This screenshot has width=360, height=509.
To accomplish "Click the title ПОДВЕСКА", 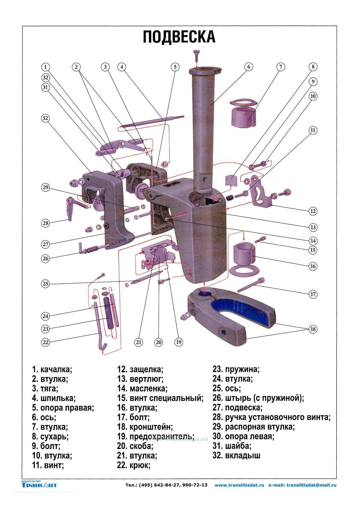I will (179, 37).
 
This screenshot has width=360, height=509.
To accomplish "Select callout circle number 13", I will (313, 227).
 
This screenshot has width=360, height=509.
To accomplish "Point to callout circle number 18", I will (313, 329).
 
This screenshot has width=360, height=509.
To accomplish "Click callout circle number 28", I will (45, 223).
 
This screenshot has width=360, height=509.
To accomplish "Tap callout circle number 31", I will (45, 87).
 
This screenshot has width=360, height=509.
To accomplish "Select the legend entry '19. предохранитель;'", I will (156, 436).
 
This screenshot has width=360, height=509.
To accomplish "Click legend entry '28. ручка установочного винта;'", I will (271, 417).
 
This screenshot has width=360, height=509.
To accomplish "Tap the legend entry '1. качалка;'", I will (52, 369).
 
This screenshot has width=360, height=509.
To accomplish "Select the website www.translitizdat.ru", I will (239, 485).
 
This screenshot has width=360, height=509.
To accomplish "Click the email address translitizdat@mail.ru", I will (311, 485).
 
